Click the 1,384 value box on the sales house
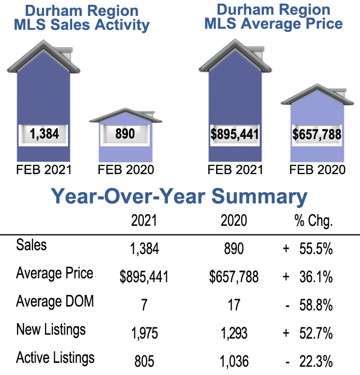pos(44,134)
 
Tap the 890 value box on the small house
pos(125,134)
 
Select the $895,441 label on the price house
pos(235,134)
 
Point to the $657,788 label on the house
pos(316,134)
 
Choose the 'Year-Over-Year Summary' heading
pos(179,197)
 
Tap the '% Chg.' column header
pos(313,221)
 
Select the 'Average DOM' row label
pos(55,302)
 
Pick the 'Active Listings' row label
pos(56,358)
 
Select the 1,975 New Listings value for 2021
pos(144,333)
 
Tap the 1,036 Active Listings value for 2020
pos(234,361)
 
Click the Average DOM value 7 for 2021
pos(144,304)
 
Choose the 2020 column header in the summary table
pos(234,221)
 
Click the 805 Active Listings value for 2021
pos(144,361)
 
